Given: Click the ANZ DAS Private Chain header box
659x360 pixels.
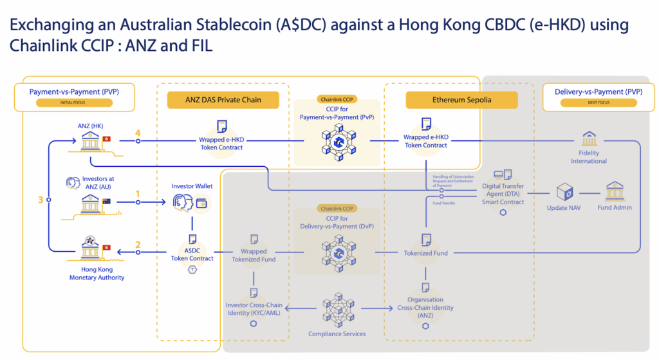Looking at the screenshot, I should pos(223,100).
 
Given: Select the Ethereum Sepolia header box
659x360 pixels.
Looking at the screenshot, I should pos(461,100).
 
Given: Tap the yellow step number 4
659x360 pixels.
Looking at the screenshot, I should pos(137,133).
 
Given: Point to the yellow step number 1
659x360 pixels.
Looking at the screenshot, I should pos(137,193).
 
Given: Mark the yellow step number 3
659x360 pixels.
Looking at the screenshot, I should pos(41,200).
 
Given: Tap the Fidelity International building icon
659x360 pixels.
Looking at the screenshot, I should pos(589,138).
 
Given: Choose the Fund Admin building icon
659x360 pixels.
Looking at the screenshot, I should pos(614,191).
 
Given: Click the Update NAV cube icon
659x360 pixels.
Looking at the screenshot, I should pos(565,192).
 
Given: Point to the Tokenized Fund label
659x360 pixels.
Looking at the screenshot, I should pos(425,253).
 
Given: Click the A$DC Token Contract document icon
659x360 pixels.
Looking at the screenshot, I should pos(192,239).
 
